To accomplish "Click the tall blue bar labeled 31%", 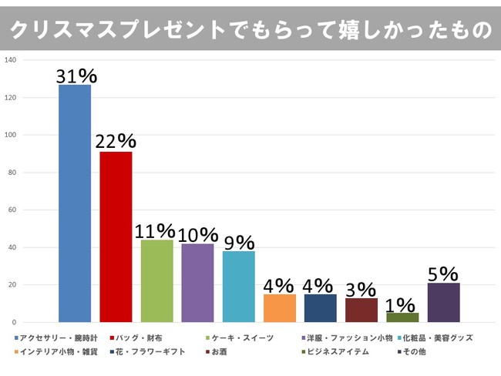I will coord(75,203).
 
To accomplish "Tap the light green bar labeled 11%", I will coord(156,280).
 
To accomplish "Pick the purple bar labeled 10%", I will coord(197,283).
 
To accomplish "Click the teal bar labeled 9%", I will coord(238,286).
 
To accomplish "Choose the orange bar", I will coord(279,308).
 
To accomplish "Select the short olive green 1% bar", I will coord(402,317).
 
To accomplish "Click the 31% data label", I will coord(76,76).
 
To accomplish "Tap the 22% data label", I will coord(116,142).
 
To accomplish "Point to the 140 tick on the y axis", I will coord(11,60).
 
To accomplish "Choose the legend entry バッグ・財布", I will coord(143,337).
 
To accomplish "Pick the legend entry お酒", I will coord(224,351).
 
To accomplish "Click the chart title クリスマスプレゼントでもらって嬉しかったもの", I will coord(250,29).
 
